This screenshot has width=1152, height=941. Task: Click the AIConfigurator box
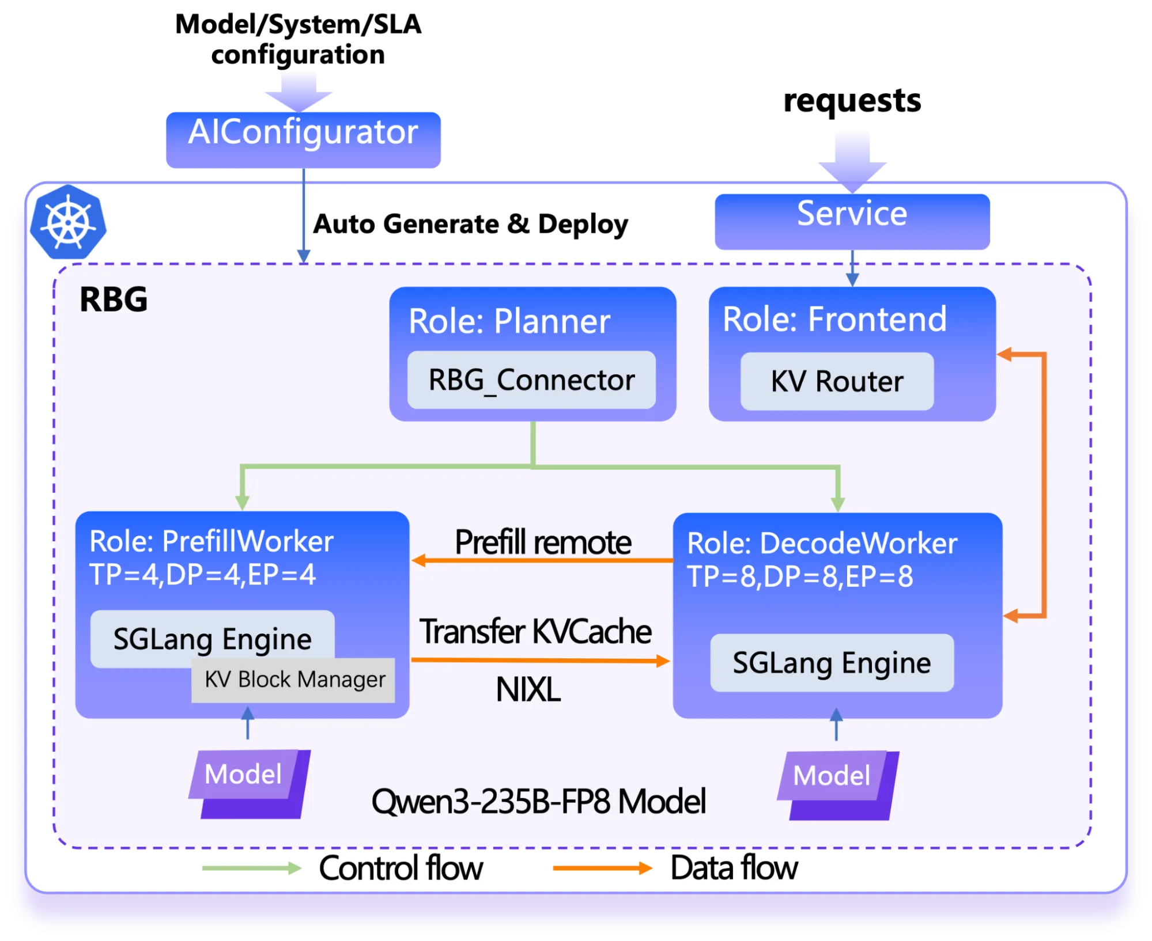point(304,140)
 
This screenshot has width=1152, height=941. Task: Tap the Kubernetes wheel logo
point(69,222)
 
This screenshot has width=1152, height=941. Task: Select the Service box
point(852,221)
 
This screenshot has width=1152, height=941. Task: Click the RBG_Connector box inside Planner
point(531,380)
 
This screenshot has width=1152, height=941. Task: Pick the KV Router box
point(836,381)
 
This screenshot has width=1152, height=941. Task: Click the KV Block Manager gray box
point(294,680)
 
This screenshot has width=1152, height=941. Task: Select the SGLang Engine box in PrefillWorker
point(211,639)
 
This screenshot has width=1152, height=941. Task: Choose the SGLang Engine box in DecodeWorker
point(831,663)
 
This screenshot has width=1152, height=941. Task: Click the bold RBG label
point(114,299)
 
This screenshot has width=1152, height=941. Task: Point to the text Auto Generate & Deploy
point(470,224)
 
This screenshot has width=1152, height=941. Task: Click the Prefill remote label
point(542,542)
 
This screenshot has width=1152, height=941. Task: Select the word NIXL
point(528,689)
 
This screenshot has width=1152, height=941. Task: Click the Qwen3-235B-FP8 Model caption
point(538,801)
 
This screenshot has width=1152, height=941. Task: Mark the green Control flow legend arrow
point(251,868)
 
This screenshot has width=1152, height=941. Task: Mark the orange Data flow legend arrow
point(602,868)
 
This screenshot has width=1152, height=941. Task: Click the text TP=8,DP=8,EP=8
point(799,576)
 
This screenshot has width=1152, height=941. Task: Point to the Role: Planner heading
point(509,321)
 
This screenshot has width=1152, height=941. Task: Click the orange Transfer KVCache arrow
point(540,660)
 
